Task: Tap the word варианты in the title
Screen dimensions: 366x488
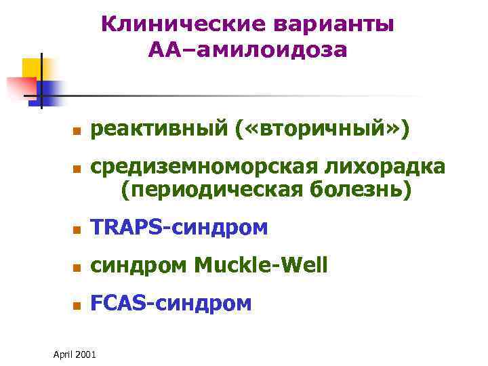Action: pyautogui.click(x=335, y=24)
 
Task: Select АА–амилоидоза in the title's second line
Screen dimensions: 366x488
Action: pyautogui.click(x=247, y=49)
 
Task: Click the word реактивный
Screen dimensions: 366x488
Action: pyautogui.click(x=161, y=129)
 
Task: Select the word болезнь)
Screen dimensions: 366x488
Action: pyautogui.click(x=360, y=191)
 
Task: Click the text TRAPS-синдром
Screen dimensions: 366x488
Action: pyautogui.click(x=180, y=229)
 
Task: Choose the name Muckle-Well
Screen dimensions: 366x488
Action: pyautogui.click(x=261, y=266)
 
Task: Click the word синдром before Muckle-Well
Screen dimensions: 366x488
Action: pyautogui.click(x=140, y=266)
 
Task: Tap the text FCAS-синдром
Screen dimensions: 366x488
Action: pyautogui.click(x=171, y=304)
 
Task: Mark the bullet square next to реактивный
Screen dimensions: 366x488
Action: pyautogui.click(x=78, y=130)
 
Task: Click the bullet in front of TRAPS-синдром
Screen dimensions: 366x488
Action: pyautogui.click(x=78, y=230)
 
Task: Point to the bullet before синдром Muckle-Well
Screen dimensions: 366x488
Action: pyautogui.click(x=78, y=268)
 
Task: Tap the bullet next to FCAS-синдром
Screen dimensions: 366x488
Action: pyautogui.click(x=78, y=305)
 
